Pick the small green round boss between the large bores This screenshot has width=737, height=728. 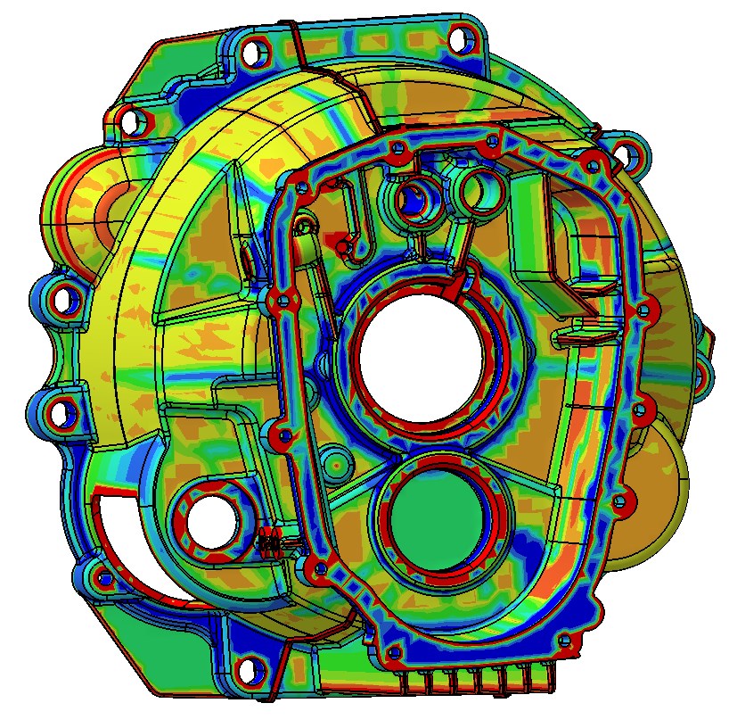pos(337,462)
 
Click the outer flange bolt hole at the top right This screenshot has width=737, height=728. pos(460,39)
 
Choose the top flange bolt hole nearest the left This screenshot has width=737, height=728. pos(253,53)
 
